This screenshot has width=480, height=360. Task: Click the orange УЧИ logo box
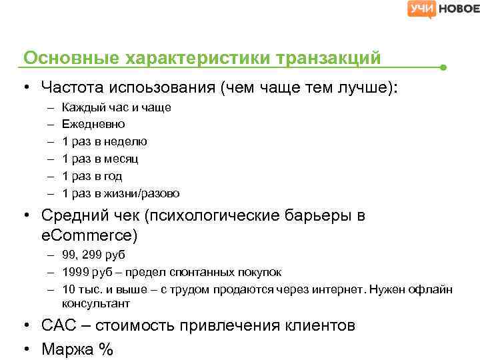(422, 9)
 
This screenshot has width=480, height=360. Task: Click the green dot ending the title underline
(443, 67)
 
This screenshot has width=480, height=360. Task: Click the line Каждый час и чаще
(116, 107)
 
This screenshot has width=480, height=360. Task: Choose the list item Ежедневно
(93, 124)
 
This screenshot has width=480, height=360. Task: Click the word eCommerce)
(89, 235)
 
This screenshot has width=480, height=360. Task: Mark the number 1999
(75, 272)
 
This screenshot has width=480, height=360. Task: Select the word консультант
(96, 303)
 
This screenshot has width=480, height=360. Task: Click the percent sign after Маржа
(105, 348)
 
